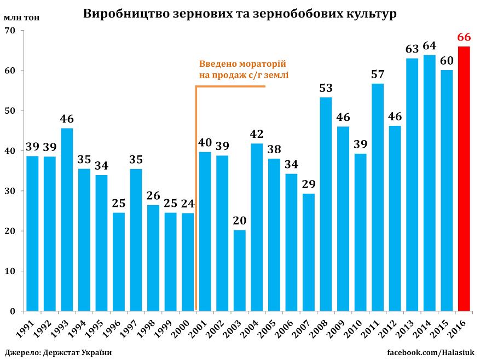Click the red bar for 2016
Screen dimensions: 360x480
pyautogui.click(x=464, y=179)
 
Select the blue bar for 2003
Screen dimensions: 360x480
pyautogui.click(x=239, y=270)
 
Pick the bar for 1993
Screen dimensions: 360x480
pyautogui.click(x=67, y=219)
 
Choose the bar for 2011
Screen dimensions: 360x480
pyautogui.click(x=377, y=197)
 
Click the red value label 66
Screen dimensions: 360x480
pyautogui.click(x=464, y=38)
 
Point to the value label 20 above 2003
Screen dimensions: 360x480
pyautogui.click(x=239, y=221)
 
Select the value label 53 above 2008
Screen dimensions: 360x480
pyautogui.click(x=326, y=88)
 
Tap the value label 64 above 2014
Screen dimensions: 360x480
pyautogui.click(x=429, y=46)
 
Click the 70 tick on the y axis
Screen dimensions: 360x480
pyautogui.click(x=9, y=31)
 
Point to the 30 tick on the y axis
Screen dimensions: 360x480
pyautogui.click(x=9, y=191)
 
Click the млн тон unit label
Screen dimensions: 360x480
pyautogui.click(x=21, y=16)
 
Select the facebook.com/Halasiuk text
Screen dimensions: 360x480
pyautogui.click(x=431, y=352)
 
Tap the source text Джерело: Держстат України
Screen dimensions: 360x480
pyautogui.click(x=59, y=352)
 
